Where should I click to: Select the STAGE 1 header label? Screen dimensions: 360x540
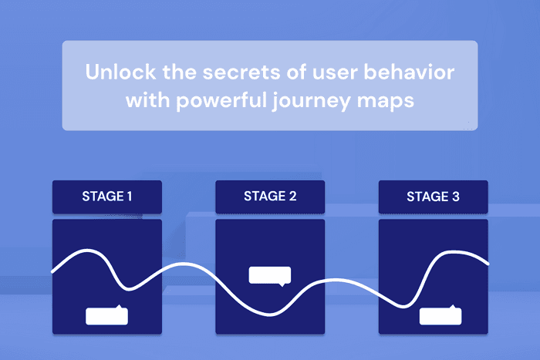106,197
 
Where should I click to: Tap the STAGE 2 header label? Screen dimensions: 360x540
270,197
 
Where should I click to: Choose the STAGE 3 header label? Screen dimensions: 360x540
433,197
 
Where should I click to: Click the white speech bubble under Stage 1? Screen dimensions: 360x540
106,315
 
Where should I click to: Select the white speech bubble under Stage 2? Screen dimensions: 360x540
270,275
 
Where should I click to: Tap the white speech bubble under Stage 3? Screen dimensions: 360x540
440,316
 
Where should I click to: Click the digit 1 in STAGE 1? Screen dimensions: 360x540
129,197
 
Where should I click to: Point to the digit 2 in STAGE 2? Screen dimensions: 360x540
292,197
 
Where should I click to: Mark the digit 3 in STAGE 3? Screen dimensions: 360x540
456,197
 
